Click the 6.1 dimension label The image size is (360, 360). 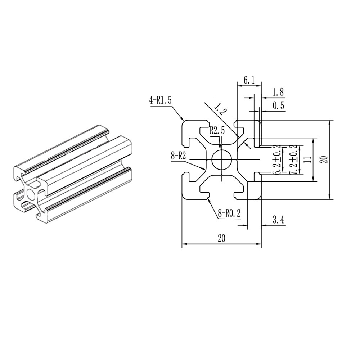(249, 81)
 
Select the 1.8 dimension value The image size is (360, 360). (278, 92)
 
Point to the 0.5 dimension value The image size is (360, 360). (278, 106)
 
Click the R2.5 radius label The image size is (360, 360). (217, 130)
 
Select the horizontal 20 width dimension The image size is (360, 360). (221, 238)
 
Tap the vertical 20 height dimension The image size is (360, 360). (324, 159)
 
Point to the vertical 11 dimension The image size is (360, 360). (307, 159)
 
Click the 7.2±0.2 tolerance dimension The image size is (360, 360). (294, 159)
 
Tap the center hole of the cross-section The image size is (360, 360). (221, 159)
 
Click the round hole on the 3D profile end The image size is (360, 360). (31, 195)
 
